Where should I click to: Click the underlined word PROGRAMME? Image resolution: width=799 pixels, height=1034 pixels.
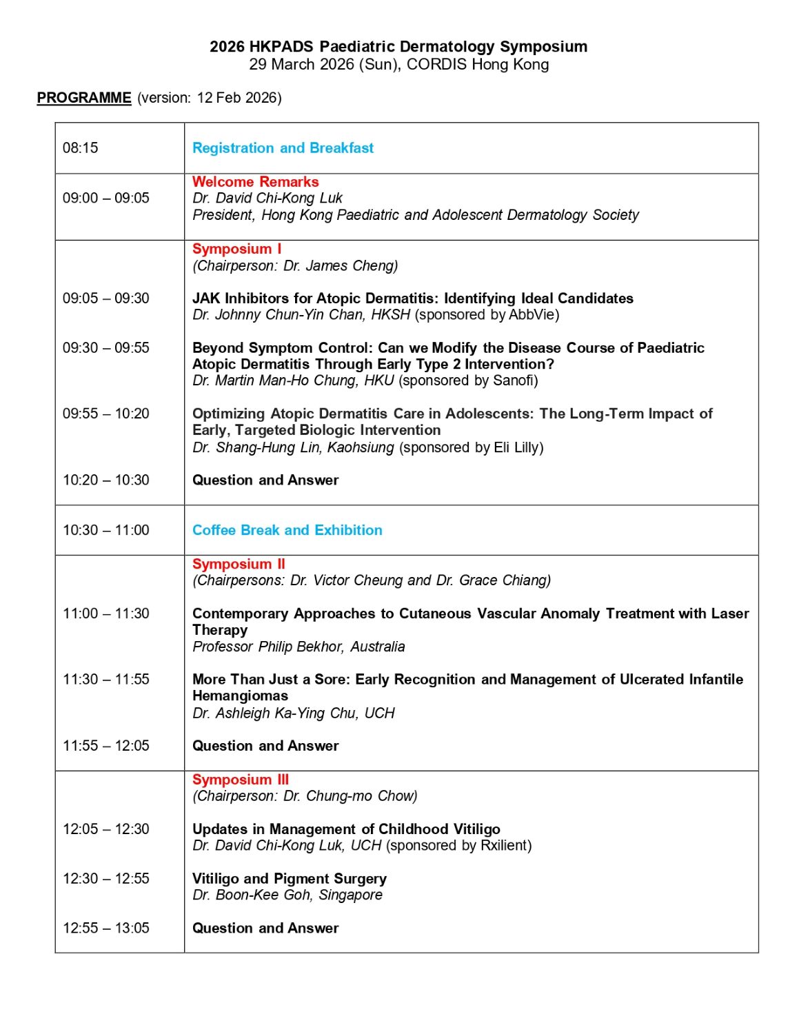click(x=83, y=98)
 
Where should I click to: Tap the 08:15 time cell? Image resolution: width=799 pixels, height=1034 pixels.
click(x=81, y=148)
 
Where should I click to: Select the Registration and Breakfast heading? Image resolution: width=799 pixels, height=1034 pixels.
click(x=283, y=148)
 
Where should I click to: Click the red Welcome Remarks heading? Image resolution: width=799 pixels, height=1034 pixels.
click(x=255, y=182)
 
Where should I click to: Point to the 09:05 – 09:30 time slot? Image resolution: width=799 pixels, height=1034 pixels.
click(x=106, y=298)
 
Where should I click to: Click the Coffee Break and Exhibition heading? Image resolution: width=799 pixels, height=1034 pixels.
click(x=287, y=530)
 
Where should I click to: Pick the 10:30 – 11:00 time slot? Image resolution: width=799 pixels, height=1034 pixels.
click(x=106, y=530)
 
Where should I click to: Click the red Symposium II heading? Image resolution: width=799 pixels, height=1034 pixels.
click(x=239, y=564)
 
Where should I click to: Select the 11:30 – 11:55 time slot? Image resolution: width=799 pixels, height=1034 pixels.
click(x=106, y=680)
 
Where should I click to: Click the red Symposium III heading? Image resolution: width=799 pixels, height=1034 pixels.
click(x=241, y=780)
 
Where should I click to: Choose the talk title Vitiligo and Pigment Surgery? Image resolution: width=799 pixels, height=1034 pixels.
click(x=290, y=879)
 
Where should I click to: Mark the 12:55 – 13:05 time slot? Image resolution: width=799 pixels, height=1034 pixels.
click(x=106, y=929)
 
